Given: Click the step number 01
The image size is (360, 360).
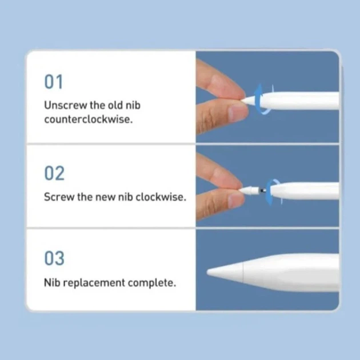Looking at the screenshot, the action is pos(54,82).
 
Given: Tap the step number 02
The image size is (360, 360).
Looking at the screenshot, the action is pos(54,173).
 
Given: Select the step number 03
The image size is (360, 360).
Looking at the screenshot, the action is pos(54,258).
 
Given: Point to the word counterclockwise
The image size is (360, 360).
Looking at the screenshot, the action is pos(89,119).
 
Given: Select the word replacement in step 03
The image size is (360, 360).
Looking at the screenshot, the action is pos(94,283).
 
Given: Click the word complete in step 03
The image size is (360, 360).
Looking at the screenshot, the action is pos(152,283).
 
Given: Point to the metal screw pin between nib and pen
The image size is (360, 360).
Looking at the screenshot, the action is pos(263,190).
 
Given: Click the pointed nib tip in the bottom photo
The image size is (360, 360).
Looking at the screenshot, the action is pos(208,273).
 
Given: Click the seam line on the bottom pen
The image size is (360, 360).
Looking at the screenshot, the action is pos(243,273).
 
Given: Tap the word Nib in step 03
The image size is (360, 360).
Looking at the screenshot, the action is pos(52,283).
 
